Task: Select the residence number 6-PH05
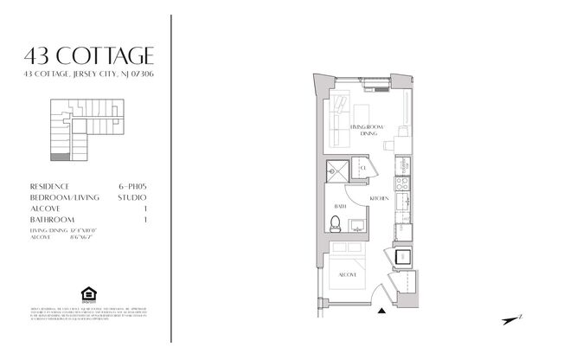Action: (x=131, y=186)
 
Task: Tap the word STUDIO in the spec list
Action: (x=131, y=197)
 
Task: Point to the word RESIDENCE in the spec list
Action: (x=49, y=186)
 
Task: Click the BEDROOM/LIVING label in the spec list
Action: (x=61, y=197)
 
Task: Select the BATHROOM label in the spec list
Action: (x=52, y=221)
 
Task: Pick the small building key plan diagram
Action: (x=68, y=131)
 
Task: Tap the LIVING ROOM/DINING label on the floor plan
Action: (x=367, y=131)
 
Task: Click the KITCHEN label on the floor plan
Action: (x=379, y=199)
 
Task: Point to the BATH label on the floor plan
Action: (x=341, y=207)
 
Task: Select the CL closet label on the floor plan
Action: (x=363, y=167)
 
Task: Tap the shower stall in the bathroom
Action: (x=336, y=170)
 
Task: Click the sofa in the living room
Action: (x=340, y=117)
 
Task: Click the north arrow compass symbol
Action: (x=513, y=319)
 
